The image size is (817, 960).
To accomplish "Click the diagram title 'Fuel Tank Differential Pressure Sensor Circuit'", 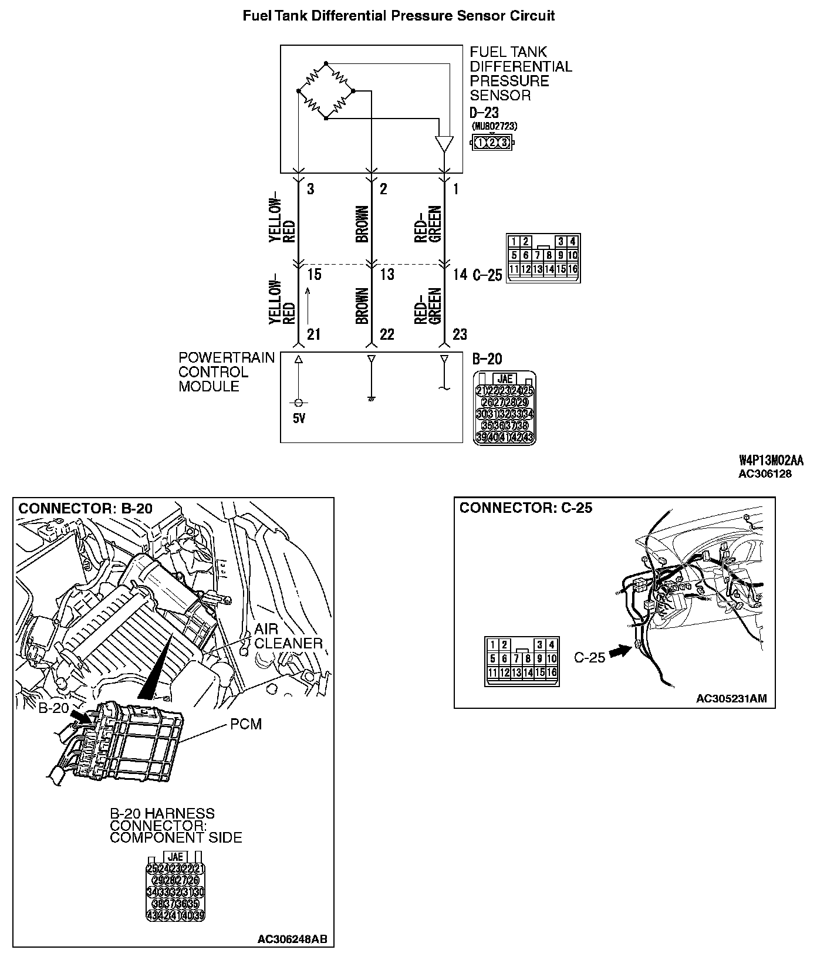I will pos(399,16).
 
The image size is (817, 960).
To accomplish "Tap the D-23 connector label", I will pos(484,113).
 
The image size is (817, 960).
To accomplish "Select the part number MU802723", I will pos(495,126).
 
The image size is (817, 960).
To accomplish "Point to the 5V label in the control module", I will pos(299,419).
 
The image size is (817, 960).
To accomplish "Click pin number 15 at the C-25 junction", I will pos(314,274).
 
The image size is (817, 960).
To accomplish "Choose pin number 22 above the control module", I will pos(387,334).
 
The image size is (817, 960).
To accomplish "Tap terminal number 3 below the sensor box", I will pos(310,189).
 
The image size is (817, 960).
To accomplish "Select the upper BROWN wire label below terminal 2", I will pos(362,224).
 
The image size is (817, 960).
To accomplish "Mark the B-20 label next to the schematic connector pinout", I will pos(487,359).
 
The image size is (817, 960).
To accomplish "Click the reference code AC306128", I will pos(764,474).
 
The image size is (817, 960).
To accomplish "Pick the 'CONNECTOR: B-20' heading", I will pos(86,508).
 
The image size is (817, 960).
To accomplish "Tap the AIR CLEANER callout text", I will pos(288,636).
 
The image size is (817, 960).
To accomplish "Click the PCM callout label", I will pos(246,724).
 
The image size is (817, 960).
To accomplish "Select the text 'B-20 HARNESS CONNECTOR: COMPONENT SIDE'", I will pos(176,826).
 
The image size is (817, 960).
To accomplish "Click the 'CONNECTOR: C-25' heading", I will pos(526,508).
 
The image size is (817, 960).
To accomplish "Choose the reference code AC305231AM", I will pos(731,698).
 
